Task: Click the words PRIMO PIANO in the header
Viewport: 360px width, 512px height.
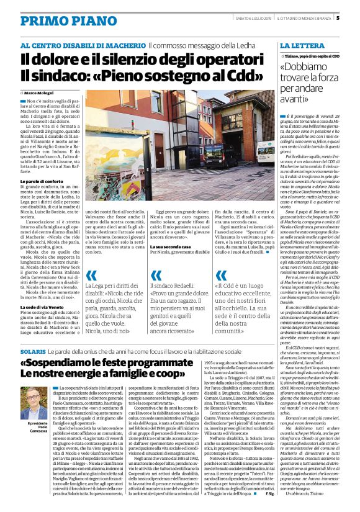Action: coord(60,20)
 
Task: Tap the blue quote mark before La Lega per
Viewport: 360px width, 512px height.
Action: coord(92,275)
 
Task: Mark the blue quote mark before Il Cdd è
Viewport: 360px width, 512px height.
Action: coord(221,275)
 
